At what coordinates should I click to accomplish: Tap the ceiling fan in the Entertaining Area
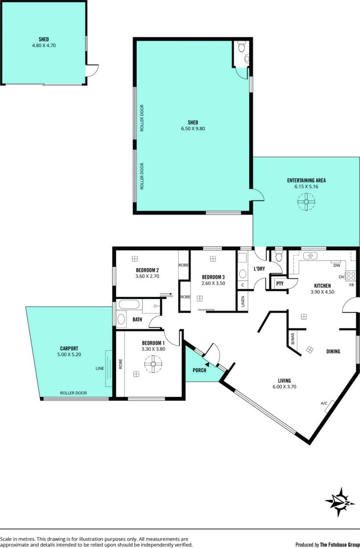(306, 202)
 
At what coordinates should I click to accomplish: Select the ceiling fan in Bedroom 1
(153, 364)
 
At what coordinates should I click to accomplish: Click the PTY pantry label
(280, 284)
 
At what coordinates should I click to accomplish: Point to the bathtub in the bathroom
(129, 305)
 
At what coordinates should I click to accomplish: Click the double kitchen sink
(310, 256)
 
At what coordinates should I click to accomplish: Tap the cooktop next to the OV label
(350, 276)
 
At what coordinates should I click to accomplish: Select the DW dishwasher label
(337, 265)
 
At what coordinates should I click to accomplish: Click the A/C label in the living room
(324, 403)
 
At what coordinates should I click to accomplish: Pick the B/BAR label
(293, 339)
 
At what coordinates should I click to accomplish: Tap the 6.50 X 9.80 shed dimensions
(193, 128)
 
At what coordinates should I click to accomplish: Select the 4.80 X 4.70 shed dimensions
(44, 45)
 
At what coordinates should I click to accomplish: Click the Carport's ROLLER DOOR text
(73, 393)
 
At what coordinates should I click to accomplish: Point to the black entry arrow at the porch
(207, 365)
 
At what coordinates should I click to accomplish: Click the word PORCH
(199, 371)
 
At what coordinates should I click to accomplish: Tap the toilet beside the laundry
(279, 255)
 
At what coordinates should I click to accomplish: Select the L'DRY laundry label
(259, 269)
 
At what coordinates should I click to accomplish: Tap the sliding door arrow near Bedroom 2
(166, 294)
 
